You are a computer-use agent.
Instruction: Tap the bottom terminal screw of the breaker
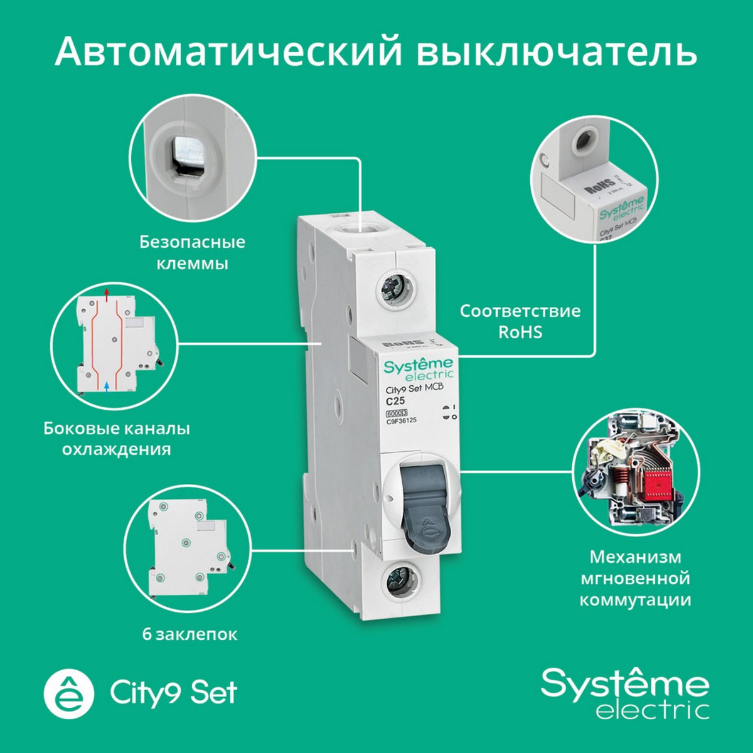(x=399, y=579)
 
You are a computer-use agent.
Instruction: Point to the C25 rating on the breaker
(x=395, y=401)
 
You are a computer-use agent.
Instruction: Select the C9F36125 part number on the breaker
(x=402, y=421)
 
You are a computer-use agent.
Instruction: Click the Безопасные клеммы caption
(x=192, y=252)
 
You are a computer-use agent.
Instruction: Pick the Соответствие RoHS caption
(x=520, y=321)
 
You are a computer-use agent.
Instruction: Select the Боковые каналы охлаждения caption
(x=117, y=439)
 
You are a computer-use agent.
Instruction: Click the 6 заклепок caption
(x=190, y=634)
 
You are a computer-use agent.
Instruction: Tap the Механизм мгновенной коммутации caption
(x=634, y=578)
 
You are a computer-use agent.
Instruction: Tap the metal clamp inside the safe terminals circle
(x=186, y=151)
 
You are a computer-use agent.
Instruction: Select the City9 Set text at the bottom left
(x=174, y=692)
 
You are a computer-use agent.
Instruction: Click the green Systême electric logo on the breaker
(x=419, y=369)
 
